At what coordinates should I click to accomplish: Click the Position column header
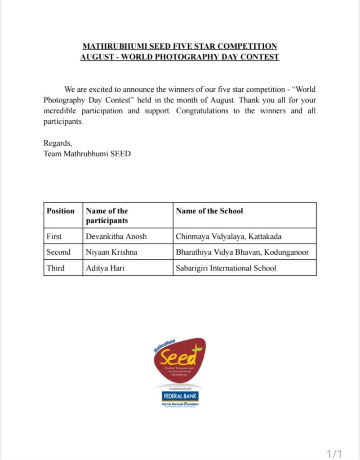coord(61,211)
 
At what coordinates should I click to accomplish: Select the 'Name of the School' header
coord(209,211)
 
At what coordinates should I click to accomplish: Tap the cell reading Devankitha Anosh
coord(116,236)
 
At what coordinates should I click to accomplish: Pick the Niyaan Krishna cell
coord(111,252)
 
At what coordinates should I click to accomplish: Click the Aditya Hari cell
coord(104,268)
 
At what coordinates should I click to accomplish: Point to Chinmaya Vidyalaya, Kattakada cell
coord(229,236)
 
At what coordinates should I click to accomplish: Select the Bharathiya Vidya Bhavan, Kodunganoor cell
coord(242,252)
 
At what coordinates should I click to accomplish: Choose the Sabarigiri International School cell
coord(226,268)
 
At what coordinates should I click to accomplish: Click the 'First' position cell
coord(54,236)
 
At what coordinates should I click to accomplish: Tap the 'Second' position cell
coord(58,252)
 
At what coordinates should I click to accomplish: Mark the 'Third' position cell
coord(56,268)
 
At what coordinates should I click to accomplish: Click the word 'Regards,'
coord(58,143)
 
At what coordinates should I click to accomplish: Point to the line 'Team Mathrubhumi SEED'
coord(87,154)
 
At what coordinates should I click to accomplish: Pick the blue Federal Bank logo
coord(180,396)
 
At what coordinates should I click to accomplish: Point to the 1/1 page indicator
coord(334,454)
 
